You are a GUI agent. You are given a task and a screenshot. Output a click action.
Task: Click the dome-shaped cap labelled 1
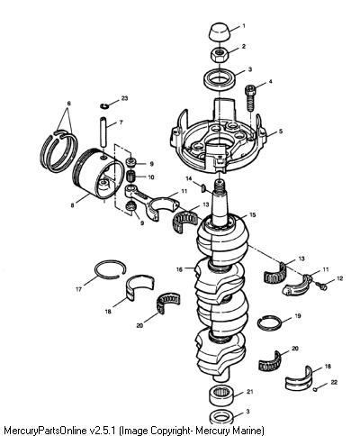pyautogui.click(x=220, y=32)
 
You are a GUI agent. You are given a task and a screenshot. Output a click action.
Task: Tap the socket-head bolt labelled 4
pyautogui.click(x=251, y=98)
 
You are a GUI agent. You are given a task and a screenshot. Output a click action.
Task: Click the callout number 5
pyautogui.click(x=281, y=132)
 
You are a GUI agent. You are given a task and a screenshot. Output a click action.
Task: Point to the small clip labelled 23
pyautogui.click(x=104, y=106)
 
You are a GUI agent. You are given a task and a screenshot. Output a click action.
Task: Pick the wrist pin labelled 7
pyautogui.click(x=103, y=132)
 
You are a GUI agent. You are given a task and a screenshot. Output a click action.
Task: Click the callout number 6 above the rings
pyautogui.click(x=69, y=104)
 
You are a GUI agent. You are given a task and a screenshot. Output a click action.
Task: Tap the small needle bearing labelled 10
pyautogui.click(x=130, y=175)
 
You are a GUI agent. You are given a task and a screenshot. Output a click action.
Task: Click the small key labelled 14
pyautogui.click(x=202, y=188)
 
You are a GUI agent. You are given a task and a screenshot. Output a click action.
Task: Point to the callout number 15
pyautogui.click(x=253, y=215)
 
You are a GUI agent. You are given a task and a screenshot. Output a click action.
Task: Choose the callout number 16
pyautogui.click(x=179, y=269)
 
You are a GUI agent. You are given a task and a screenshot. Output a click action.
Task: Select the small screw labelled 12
pyautogui.click(x=321, y=286)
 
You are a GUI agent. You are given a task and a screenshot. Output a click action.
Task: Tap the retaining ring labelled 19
pyautogui.click(x=269, y=323)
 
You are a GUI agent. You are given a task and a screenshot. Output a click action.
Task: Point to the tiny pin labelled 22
pyautogui.click(x=315, y=389)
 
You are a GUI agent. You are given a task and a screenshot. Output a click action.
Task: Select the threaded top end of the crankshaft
pyautogui.click(x=220, y=186)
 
